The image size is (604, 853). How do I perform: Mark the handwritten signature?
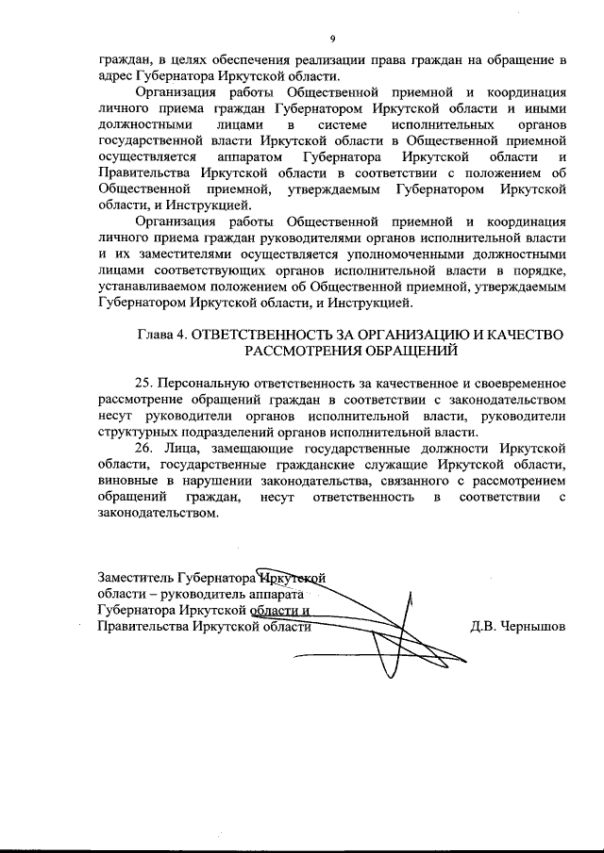point(377,617)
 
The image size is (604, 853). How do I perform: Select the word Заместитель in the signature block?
point(139,577)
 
